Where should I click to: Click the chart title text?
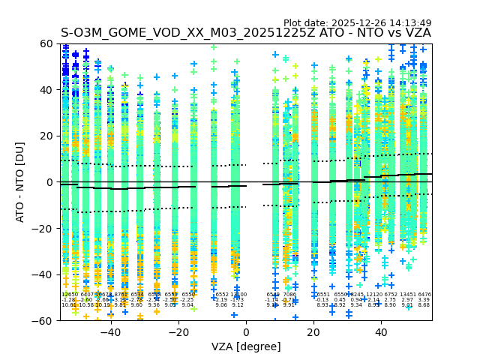tap(246, 33)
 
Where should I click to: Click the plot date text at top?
tap(357, 23)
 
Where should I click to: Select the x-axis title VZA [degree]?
tap(246, 346)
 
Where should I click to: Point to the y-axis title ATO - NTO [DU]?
tap(21, 182)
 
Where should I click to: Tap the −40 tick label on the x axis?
tap(110, 332)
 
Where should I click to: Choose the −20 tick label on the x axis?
tap(178, 332)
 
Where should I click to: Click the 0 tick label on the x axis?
tap(246, 332)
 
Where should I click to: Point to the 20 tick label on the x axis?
tap(313, 332)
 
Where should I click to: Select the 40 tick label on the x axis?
tap(381, 332)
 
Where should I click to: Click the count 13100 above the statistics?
tap(239, 295)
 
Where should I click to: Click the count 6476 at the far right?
tap(424, 295)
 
